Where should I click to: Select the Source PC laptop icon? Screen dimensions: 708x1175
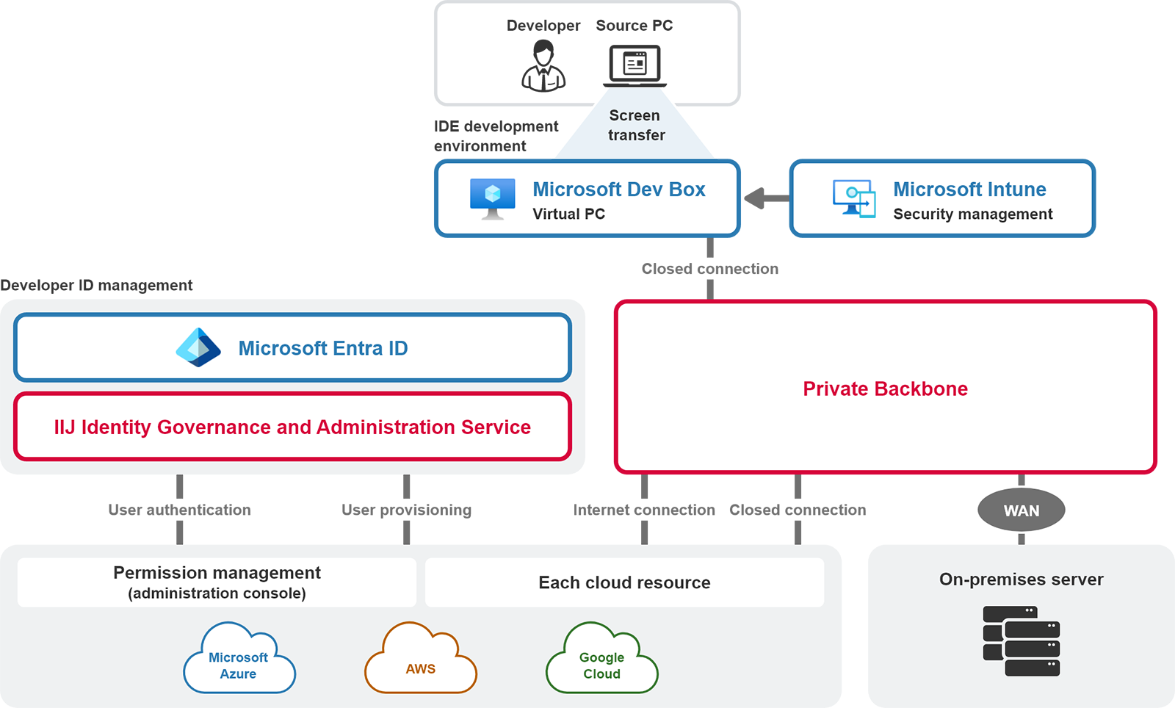[x=635, y=65]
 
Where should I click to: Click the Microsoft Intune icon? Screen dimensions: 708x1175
[x=854, y=198]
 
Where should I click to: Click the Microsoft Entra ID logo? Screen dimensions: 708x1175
[x=198, y=347]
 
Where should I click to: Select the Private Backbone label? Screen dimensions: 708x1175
[x=885, y=389]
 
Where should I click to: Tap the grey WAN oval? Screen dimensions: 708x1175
[x=1021, y=510]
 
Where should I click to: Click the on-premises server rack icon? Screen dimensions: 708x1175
[x=1021, y=641]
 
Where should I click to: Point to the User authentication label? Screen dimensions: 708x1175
[x=179, y=510]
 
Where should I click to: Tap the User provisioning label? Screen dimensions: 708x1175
[x=406, y=510]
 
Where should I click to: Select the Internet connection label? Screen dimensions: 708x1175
[x=643, y=510]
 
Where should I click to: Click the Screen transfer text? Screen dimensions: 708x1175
[x=636, y=126]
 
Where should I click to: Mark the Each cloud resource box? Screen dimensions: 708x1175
[x=624, y=582]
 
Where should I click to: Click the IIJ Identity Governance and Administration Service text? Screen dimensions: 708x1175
[x=292, y=427]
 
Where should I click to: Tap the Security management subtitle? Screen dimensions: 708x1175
[x=972, y=214]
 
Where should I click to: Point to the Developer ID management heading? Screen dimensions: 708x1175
[x=96, y=285]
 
